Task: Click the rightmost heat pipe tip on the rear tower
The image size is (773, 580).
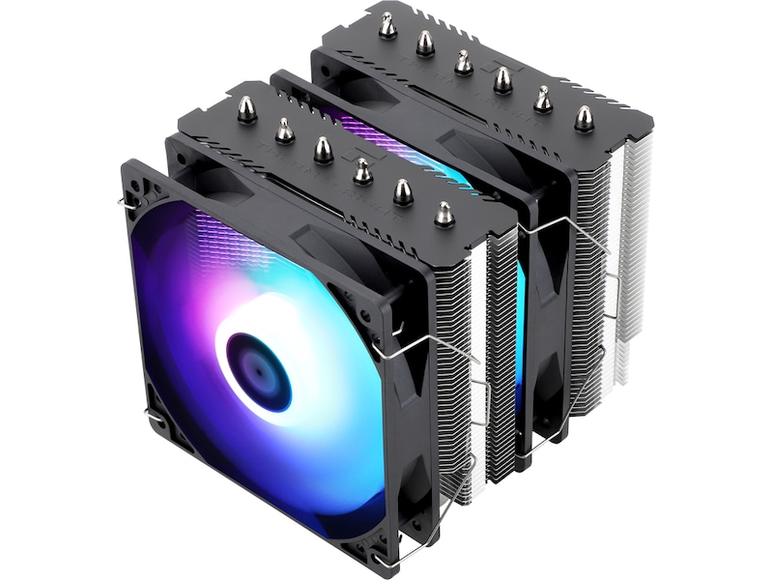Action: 583,117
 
